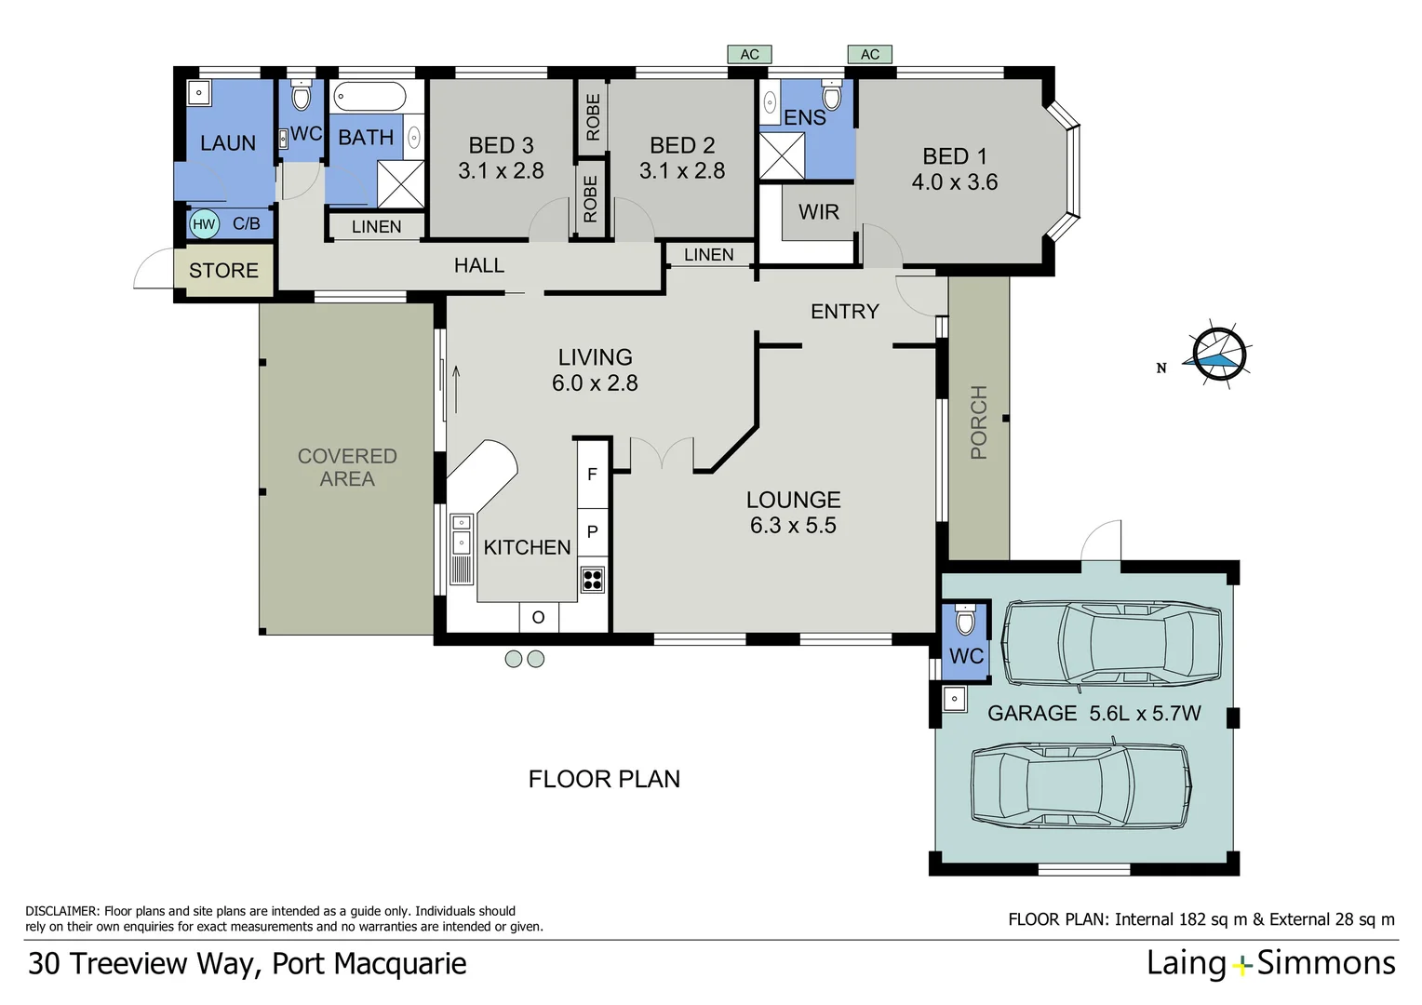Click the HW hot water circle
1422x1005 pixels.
click(x=204, y=224)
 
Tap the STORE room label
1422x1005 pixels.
click(x=223, y=271)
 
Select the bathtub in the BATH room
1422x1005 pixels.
click(x=369, y=97)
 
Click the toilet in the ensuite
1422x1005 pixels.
click(x=832, y=95)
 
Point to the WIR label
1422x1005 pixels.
click(x=818, y=212)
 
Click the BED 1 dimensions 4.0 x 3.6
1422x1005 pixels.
click(x=954, y=182)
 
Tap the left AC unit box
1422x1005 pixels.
click(x=749, y=55)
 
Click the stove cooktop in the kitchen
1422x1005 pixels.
click(x=592, y=580)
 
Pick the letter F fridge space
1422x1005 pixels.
click(x=592, y=475)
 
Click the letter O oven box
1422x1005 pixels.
click(x=538, y=617)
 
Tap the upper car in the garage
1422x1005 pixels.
click(x=1111, y=643)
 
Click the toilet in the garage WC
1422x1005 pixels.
click(x=965, y=618)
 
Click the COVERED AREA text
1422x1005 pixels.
click(x=347, y=467)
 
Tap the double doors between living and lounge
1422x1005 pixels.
click(x=662, y=453)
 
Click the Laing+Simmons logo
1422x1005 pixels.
click(x=1270, y=963)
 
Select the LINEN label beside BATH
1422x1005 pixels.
click(x=376, y=226)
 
